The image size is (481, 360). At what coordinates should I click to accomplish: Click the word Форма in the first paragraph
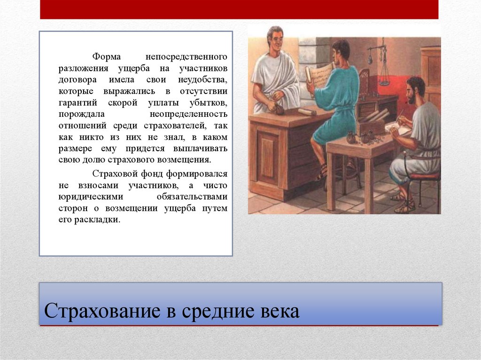click(x=107, y=57)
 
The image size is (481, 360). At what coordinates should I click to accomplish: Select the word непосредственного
click(x=186, y=57)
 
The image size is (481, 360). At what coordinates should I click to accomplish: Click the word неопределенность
click(x=188, y=114)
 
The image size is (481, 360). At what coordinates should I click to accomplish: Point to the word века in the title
click(x=280, y=311)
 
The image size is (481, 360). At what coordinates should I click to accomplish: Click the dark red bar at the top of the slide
click(x=239, y=9)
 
